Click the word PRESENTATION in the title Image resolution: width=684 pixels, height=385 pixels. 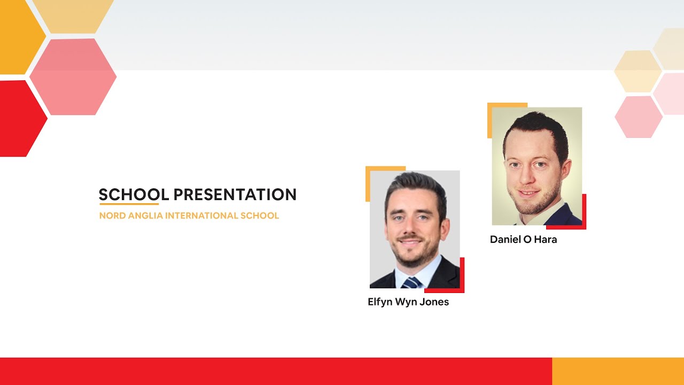point(235,195)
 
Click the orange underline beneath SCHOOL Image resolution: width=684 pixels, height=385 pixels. point(129,204)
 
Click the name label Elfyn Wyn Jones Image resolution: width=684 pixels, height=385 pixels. point(408,302)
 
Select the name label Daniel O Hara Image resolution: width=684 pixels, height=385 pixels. point(523,240)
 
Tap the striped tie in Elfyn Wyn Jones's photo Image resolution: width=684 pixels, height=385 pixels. point(412,282)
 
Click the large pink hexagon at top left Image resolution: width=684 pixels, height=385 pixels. point(73,76)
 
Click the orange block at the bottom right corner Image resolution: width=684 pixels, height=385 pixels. point(618,371)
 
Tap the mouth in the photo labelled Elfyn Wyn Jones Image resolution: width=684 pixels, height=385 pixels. point(409,242)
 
